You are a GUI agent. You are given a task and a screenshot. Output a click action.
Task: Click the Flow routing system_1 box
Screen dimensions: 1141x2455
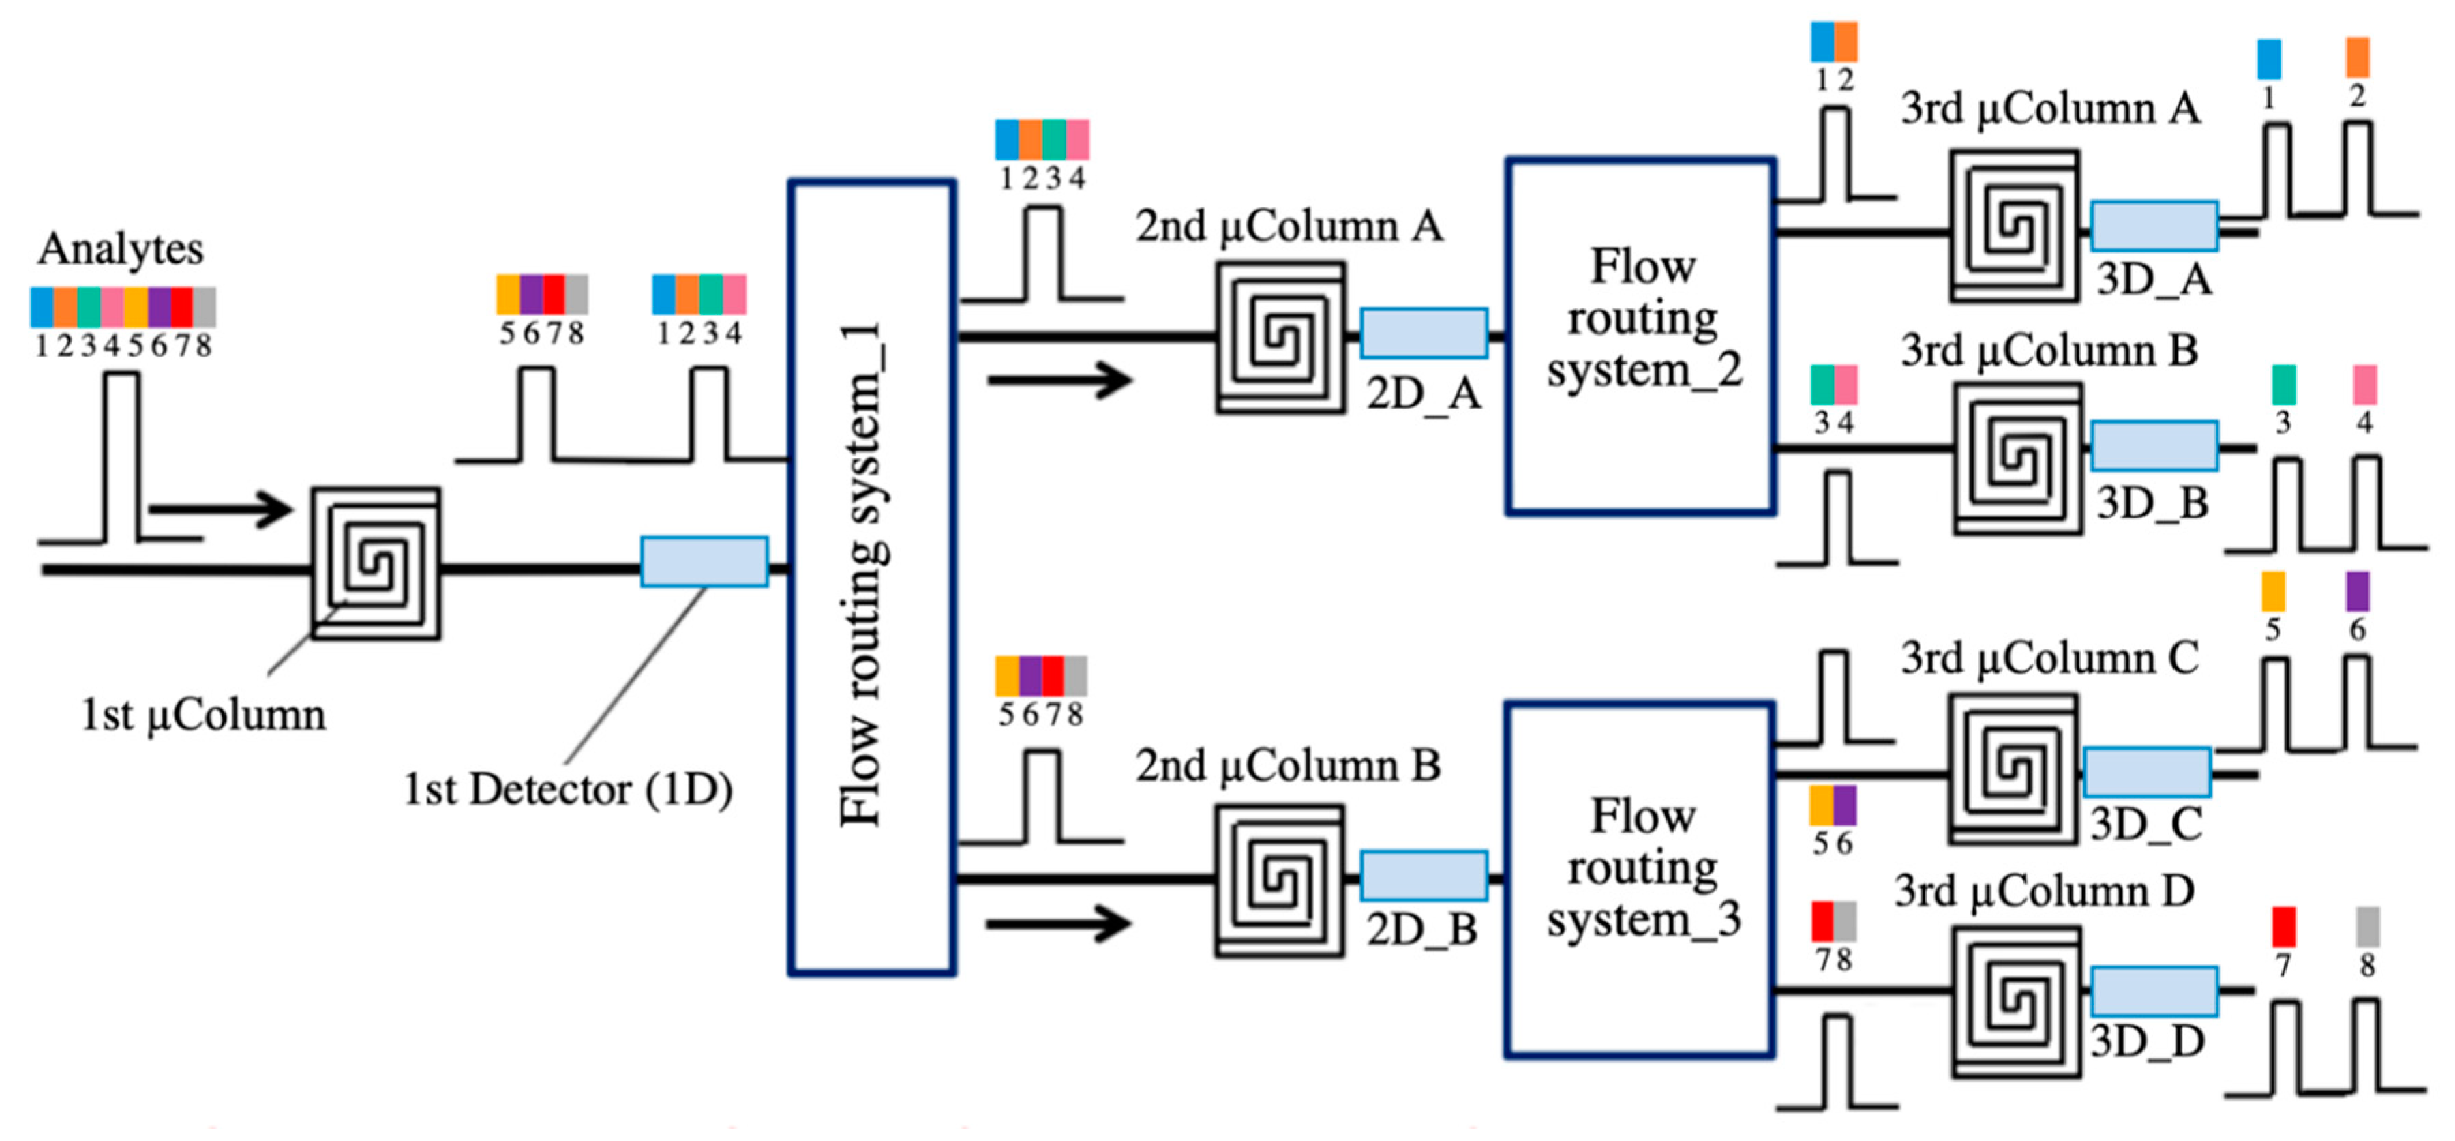(x=871, y=577)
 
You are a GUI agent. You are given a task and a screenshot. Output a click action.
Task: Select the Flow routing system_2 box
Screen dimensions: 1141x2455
(x=1640, y=336)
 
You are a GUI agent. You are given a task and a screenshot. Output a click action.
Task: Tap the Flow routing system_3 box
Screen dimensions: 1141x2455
(x=1640, y=879)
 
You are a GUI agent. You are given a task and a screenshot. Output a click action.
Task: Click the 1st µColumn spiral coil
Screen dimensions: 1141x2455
(x=376, y=563)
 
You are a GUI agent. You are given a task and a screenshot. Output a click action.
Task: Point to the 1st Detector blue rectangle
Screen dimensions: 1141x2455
(x=704, y=561)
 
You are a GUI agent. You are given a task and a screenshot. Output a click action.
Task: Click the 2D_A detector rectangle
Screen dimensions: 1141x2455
(x=1423, y=334)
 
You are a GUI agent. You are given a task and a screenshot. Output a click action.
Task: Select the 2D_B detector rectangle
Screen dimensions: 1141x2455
(x=1423, y=875)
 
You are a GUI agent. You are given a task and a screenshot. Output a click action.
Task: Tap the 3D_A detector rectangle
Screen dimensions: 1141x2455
(x=2154, y=226)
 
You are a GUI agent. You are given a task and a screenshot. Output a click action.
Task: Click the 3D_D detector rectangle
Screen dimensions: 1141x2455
(x=2154, y=992)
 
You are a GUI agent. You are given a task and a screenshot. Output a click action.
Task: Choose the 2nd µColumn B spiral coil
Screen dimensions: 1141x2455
(x=1279, y=880)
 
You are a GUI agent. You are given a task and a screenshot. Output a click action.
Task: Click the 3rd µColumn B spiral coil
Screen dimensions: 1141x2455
(x=2017, y=458)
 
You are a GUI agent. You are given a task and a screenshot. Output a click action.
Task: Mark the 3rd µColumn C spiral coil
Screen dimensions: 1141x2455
(x=2013, y=769)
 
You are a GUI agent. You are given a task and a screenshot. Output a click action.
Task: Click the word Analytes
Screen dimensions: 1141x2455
(x=121, y=250)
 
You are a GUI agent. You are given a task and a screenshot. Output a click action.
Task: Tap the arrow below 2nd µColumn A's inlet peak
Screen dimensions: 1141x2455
(x=1059, y=381)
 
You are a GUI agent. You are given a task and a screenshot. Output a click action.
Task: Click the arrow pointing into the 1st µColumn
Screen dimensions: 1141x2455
(x=220, y=508)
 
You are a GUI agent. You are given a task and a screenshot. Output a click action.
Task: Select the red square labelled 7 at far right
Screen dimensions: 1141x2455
(x=2283, y=927)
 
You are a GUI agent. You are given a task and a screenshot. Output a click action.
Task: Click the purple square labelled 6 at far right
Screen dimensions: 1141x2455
(x=2357, y=592)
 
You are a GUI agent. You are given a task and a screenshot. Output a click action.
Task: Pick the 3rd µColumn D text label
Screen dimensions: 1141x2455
(x=2045, y=891)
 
